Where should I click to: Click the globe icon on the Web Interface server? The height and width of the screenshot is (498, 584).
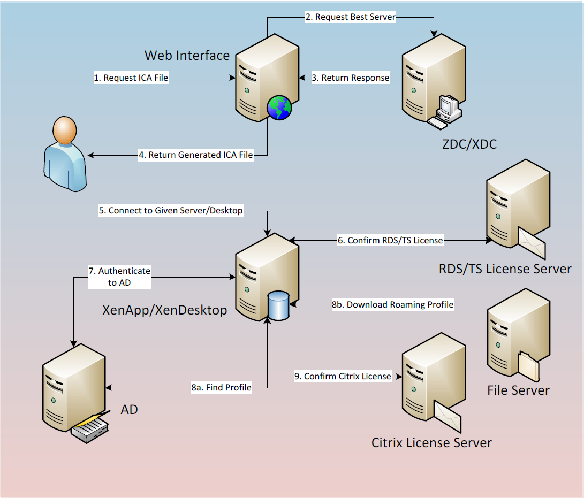pos(279,108)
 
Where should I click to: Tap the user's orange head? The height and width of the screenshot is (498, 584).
pos(65,131)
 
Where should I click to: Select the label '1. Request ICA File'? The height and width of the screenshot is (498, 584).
pos(131,78)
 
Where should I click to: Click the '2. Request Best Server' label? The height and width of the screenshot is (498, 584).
pos(351,17)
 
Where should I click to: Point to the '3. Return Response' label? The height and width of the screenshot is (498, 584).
pos(351,78)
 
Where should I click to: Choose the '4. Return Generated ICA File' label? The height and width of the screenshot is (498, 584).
pos(196,155)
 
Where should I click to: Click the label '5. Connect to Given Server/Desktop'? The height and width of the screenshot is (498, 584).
pos(171,211)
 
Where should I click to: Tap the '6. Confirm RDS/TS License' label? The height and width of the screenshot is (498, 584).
pos(390,240)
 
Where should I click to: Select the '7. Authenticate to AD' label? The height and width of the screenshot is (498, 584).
pos(119,277)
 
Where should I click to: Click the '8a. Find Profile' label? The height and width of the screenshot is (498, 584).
pos(221,387)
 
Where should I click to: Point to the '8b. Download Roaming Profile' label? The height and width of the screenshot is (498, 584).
pos(393,304)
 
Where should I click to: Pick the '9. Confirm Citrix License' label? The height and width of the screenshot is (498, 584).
pos(343,376)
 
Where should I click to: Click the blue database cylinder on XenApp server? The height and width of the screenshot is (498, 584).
pos(278,305)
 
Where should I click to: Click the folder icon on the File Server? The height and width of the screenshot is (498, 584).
pos(528,366)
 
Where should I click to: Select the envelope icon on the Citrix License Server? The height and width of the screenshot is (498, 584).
pos(448,417)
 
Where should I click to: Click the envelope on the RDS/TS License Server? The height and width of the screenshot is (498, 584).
pos(532,243)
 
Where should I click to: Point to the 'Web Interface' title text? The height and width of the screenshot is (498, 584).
pos(187,56)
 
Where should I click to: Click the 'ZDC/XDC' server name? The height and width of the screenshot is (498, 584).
pos(469,144)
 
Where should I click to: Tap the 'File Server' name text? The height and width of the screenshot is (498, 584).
pos(519,390)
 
